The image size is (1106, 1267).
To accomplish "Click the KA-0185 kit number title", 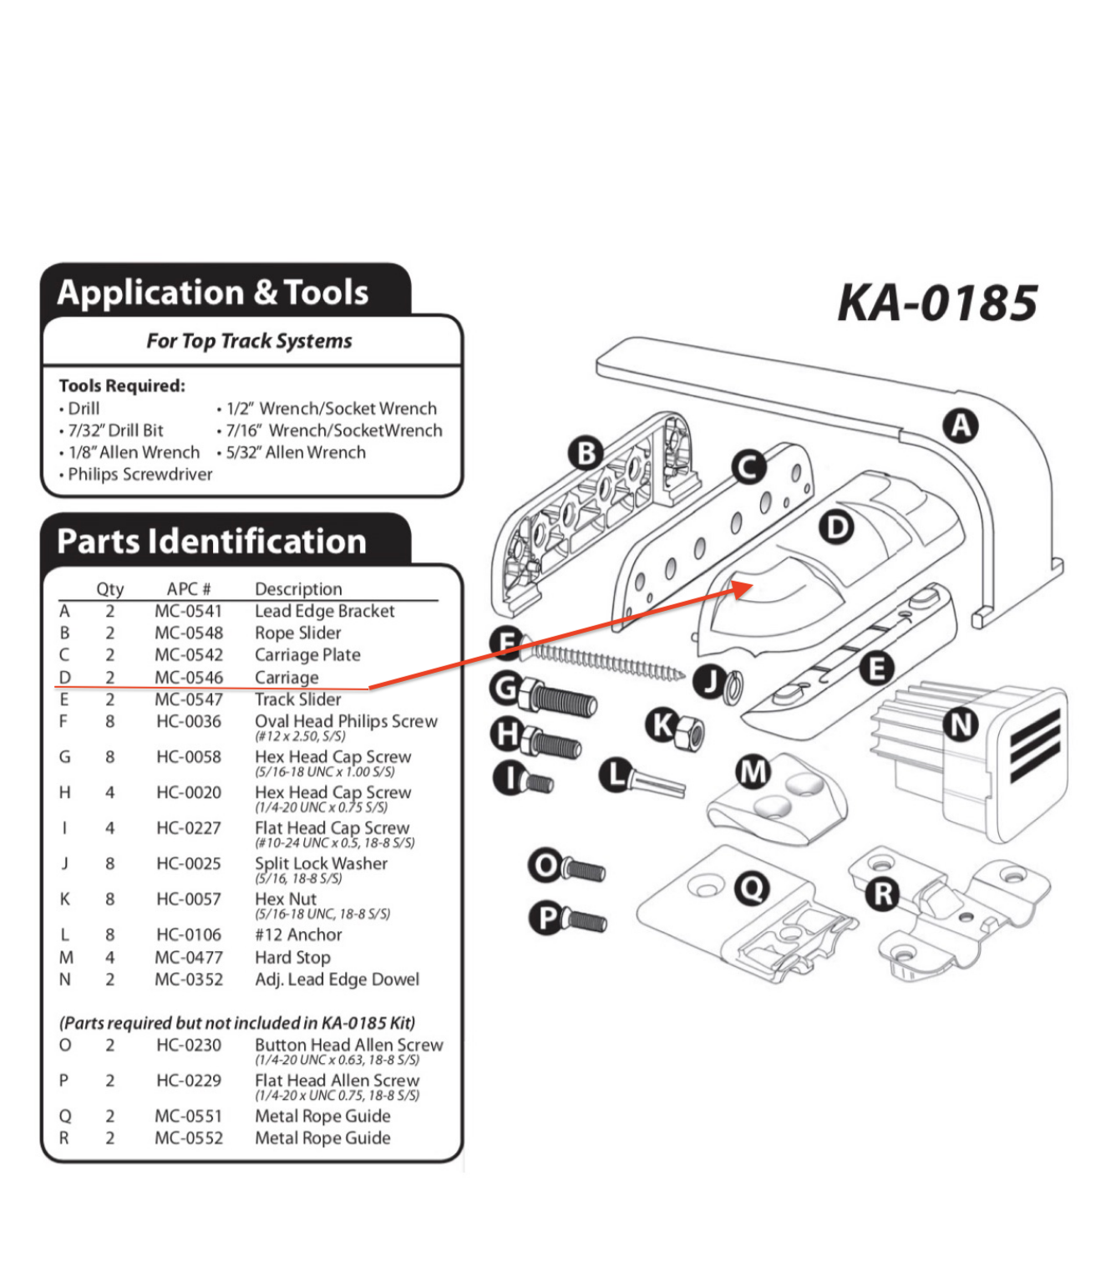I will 937,303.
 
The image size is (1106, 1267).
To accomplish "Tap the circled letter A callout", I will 961,426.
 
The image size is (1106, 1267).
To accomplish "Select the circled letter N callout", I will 961,724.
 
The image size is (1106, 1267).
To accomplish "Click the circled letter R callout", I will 883,894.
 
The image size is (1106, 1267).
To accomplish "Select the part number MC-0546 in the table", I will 189,678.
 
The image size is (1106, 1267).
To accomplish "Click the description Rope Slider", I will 298,633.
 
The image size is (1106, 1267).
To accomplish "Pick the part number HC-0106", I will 189,934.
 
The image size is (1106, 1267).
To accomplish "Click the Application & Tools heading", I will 213,293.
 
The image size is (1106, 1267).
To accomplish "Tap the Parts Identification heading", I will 211,542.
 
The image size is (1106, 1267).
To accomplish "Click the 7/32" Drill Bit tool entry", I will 115,430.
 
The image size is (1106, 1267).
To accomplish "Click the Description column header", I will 298,588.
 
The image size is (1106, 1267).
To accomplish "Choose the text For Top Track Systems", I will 249,341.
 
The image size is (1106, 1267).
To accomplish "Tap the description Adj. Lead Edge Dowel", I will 337,979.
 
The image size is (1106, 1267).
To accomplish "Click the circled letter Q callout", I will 752,887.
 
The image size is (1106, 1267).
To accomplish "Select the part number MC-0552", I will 189,1137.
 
